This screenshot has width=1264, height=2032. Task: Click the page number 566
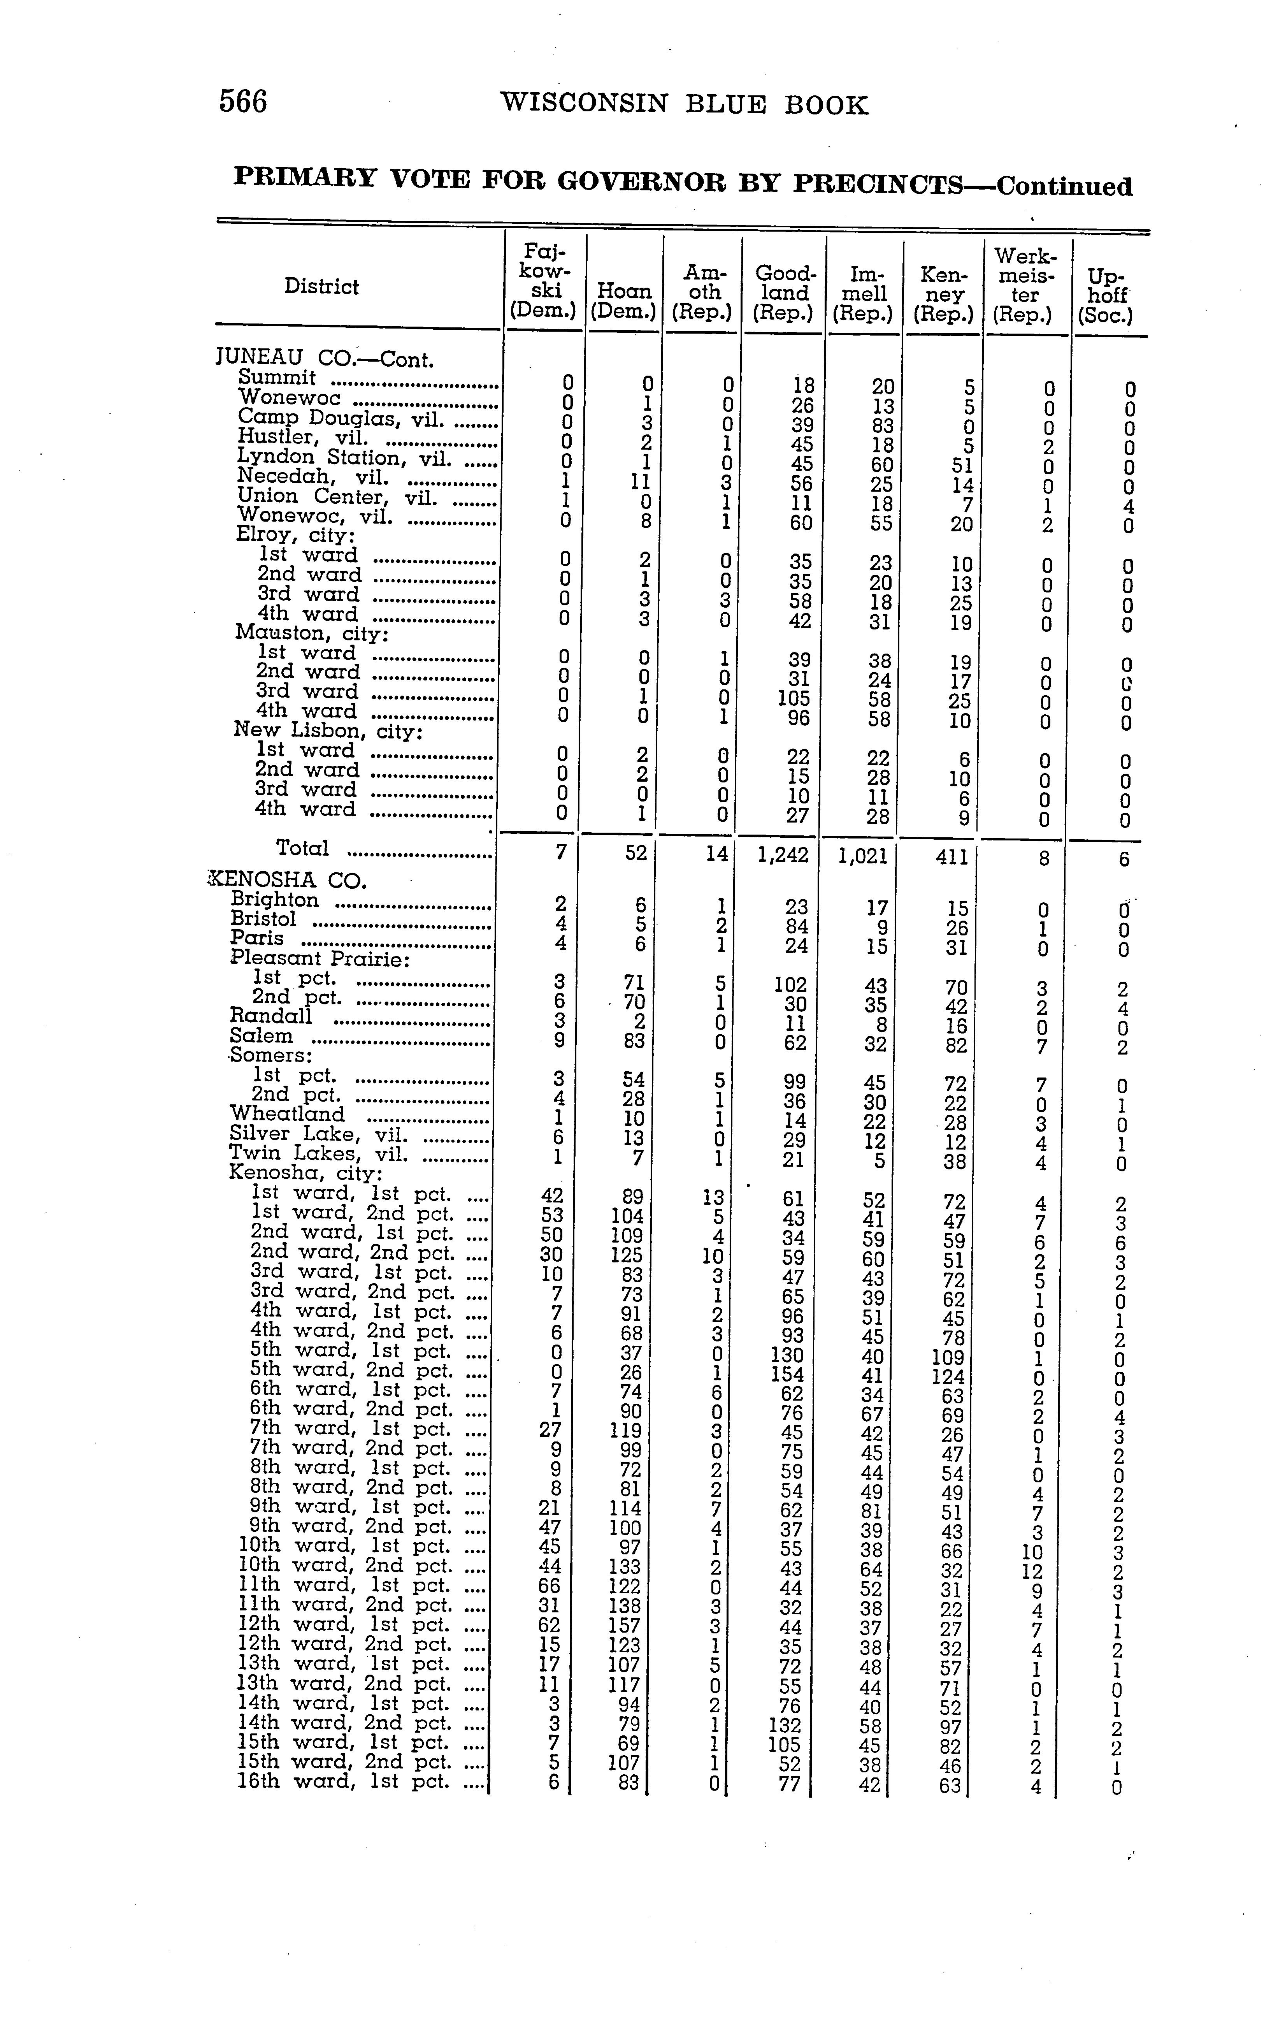coord(242,102)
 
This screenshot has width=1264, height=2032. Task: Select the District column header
coord(321,287)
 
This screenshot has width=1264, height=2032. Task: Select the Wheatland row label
coord(287,1114)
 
